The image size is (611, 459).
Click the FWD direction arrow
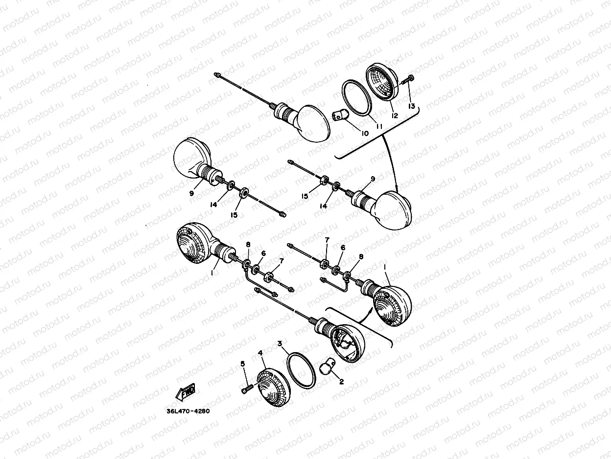(186, 392)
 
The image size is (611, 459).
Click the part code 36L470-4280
(188, 411)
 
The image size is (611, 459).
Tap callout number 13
(411, 106)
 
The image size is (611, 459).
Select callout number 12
(395, 115)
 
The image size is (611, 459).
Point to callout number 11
(379, 126)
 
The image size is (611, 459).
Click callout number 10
(365, 133)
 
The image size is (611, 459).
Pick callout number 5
(243, 364)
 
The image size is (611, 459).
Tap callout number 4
(260, 353)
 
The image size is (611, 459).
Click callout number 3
(280, 343)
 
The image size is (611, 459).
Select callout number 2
(342, 382)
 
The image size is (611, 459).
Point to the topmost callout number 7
(327, 240)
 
